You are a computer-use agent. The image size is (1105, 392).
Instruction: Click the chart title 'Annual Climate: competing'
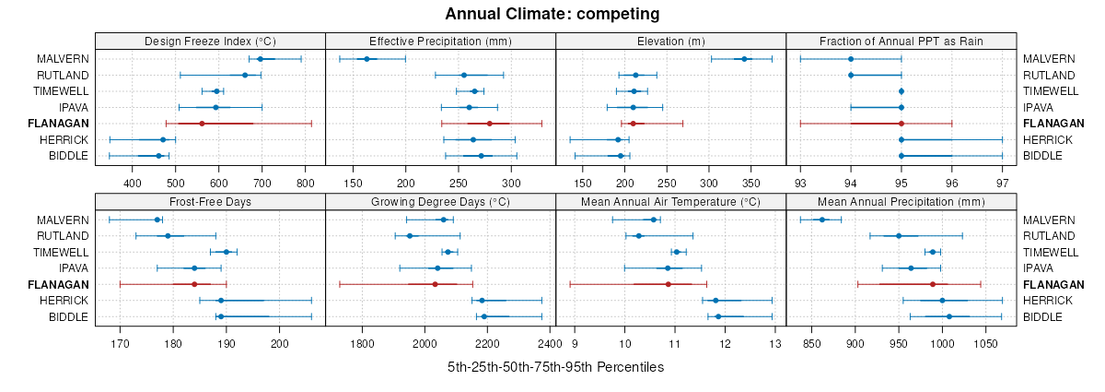(552, 14)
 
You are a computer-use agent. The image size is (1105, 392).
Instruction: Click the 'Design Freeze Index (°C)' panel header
(210, 41)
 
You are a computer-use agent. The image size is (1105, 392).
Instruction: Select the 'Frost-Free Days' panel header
(210, 201)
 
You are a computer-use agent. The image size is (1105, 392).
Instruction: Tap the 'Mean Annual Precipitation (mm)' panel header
(901, 201)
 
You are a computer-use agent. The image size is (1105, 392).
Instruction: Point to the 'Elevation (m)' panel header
(670, 41)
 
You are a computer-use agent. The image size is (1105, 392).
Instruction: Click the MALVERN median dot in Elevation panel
(744, 59)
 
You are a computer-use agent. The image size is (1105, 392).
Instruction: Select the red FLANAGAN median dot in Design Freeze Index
(202, 124)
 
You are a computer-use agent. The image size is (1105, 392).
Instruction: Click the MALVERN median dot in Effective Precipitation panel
(366, 59)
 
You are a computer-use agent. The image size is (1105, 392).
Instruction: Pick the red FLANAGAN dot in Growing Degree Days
(435, 284)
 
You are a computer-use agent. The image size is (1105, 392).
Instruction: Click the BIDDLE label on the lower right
(1042, 316)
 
